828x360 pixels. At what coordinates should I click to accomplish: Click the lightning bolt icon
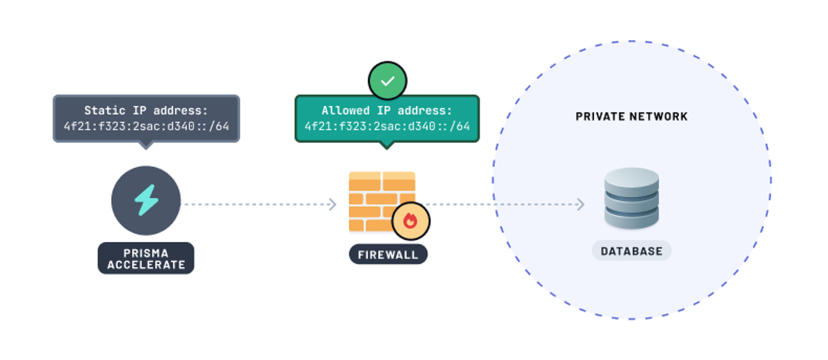146,200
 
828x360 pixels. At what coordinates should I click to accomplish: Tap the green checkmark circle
388,81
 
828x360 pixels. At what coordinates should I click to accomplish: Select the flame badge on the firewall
411,221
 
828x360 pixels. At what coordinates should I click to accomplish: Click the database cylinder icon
631,198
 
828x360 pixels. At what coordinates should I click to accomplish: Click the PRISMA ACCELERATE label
146,258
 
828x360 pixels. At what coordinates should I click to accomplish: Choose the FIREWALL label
388,254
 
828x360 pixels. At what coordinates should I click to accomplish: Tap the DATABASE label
631,250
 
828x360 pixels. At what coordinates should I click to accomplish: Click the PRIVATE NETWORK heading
631,117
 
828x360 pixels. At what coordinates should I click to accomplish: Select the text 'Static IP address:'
146,110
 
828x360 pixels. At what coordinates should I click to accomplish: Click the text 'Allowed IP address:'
386,110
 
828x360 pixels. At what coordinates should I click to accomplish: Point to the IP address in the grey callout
146,126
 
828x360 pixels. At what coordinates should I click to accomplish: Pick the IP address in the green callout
386,126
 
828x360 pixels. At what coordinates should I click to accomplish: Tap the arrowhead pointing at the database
580,204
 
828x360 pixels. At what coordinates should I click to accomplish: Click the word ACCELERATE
146,264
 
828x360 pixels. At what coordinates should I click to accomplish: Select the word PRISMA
146,252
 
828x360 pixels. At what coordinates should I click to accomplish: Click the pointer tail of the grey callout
145,145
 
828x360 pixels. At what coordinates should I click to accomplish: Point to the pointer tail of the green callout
386,145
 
